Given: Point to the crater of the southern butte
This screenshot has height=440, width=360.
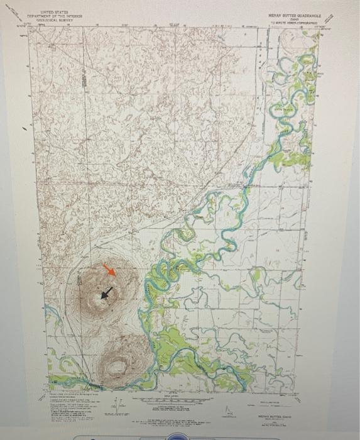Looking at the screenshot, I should tap(117, 363).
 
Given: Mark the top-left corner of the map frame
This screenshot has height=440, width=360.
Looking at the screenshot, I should tap(30, 29).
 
